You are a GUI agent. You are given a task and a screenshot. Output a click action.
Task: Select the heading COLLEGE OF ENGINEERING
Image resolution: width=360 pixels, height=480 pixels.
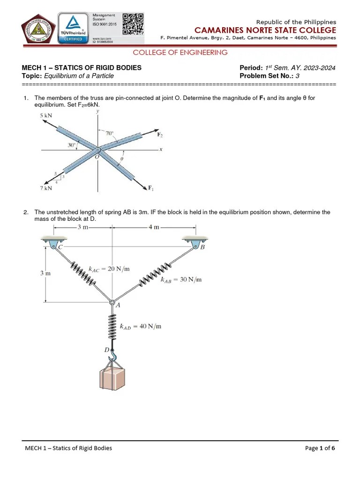[180, 52]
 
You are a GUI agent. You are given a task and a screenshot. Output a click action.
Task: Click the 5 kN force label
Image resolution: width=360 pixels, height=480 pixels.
[46, 115]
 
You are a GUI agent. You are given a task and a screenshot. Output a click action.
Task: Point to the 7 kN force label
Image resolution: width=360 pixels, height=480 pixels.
[46, 188]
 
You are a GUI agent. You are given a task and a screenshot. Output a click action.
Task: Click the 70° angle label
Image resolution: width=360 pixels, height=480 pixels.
[110, 133]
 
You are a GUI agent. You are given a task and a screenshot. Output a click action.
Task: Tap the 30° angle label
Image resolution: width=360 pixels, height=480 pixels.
[71, 145]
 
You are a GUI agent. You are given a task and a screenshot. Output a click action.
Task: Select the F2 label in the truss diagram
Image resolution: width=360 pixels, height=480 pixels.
[160, 135]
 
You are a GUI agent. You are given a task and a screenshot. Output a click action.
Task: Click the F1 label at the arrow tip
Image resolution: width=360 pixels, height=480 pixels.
[151, 188]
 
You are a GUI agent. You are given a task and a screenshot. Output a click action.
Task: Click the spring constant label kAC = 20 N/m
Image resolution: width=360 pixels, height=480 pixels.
[109, 269]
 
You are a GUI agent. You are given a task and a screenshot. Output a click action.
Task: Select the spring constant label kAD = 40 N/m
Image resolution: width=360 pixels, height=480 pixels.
[140, 326]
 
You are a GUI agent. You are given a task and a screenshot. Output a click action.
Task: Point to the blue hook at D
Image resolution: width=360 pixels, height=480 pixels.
[112, 357]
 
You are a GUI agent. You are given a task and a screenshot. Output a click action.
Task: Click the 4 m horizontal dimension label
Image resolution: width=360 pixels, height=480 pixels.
[153, 227]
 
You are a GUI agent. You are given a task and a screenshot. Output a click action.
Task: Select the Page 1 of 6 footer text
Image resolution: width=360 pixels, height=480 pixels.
[320, 448]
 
